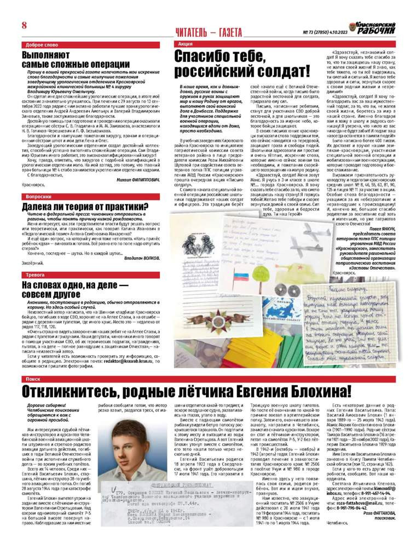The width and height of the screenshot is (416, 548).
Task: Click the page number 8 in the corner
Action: pyautogui.click(x=24, y=26)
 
